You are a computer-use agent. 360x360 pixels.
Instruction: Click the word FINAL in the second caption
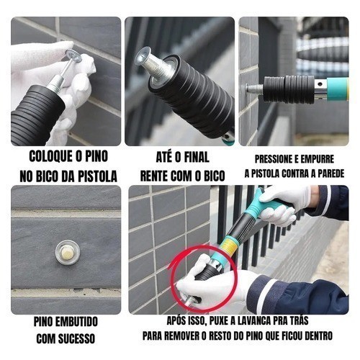[x=197, y=158]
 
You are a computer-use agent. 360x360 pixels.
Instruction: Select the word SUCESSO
[x=78, y=338]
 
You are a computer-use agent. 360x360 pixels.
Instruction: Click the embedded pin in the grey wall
[x=67, y=253]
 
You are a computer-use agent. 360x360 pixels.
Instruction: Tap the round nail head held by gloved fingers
[x=73, y=55]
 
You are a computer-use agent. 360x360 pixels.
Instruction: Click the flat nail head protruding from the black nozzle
[x=142, y=56]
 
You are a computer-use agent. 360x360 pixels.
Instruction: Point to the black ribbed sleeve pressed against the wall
[x=289, y=89]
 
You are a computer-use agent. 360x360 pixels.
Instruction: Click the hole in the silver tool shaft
[x=320, y=84]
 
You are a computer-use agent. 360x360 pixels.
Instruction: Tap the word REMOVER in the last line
[x=180, y=336]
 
